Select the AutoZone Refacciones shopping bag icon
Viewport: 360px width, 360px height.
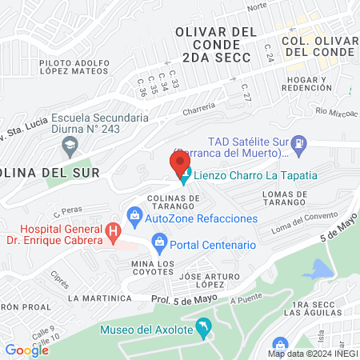pos(134,215)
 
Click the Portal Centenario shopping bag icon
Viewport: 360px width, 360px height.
pos(158,241)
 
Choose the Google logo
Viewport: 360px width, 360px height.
pos(27,350)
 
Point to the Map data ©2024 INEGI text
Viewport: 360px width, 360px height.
pos(311,354)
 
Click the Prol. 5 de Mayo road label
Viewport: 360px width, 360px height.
pos(183,300)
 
